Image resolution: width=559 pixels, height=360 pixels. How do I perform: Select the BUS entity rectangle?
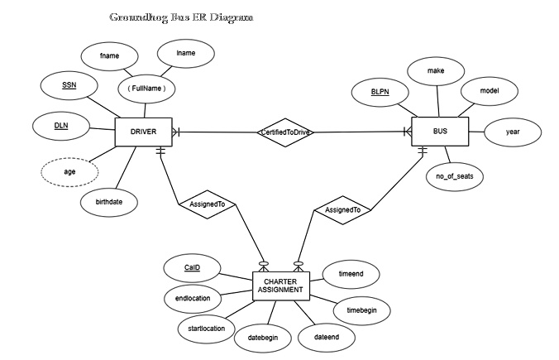point(439,131)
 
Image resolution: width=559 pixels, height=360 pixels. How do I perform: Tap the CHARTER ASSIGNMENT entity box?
point(280,286)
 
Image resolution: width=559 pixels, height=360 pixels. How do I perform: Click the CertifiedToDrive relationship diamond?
point(285,132)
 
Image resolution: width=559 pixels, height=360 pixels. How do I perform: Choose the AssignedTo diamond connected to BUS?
point(342,211)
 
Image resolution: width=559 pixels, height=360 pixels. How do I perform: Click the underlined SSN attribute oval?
point(69,85)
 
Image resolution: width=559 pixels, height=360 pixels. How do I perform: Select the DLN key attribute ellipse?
point(60,127)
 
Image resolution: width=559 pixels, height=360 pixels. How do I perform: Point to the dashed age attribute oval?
point(69,172)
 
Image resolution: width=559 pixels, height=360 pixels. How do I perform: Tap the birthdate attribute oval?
point(109,200)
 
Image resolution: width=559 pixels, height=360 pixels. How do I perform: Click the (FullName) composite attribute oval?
point(147,87)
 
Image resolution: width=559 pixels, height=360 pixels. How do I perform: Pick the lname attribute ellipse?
point(186,52)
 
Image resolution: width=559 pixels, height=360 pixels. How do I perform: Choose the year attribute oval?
point(513,131)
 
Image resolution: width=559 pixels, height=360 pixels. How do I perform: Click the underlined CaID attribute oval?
point(192,267)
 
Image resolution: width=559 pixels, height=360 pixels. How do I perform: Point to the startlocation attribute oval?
point(201,329)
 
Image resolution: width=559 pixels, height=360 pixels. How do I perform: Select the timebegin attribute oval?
point(361,310)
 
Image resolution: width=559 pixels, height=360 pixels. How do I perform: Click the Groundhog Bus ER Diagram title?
point(182,17)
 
